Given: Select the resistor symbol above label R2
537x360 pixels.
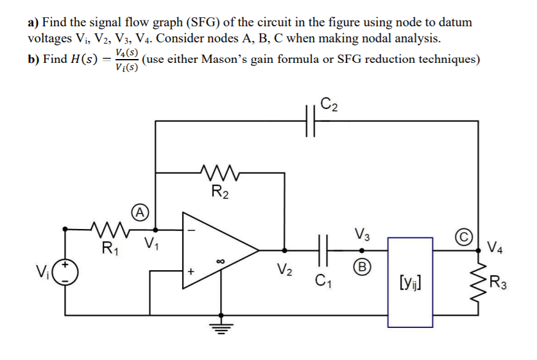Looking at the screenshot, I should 219,173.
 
